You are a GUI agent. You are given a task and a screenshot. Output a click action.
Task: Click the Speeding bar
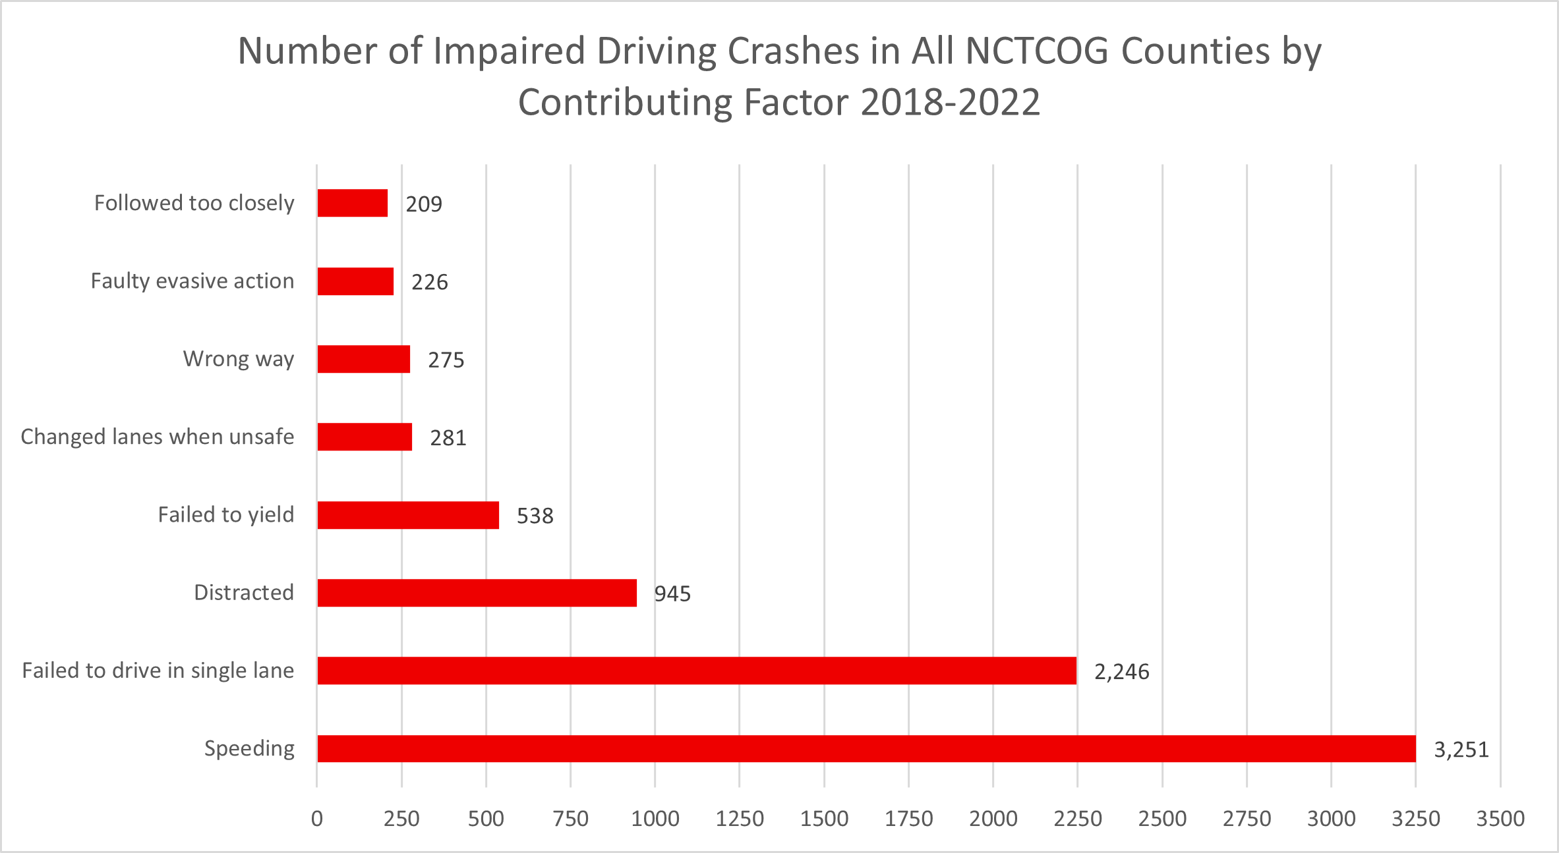point(866,749)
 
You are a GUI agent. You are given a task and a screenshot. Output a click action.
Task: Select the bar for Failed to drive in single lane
point(697,671)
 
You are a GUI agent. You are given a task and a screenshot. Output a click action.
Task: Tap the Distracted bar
point(477,593)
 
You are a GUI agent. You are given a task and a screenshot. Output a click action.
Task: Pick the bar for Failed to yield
point(408,515)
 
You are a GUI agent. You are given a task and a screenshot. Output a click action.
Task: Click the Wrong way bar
point(363,359)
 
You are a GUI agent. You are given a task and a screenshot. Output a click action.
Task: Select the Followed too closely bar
point(352,203)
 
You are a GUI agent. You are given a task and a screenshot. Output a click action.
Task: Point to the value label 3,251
point(1461,750)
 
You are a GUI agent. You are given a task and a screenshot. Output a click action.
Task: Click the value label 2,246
point(1121,672)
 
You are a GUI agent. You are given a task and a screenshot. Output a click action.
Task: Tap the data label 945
point(672,594)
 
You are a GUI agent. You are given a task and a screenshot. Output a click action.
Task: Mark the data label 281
point(448,438)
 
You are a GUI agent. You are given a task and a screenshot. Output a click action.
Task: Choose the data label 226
point(429,282)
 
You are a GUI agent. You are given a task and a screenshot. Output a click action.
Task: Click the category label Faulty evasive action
point(192,281)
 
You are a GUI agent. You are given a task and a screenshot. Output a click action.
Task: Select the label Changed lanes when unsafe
point(158,437)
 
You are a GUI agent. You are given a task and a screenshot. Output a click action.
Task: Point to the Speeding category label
point(249,748)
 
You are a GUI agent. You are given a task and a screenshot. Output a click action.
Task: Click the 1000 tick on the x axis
point(655,819)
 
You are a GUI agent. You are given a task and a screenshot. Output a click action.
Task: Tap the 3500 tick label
point(1500,819)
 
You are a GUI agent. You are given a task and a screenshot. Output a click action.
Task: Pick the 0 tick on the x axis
point(317,819)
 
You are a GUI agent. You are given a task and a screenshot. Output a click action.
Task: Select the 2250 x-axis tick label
point(1077,819)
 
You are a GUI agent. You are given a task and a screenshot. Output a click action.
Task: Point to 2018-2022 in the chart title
point(950,103)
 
